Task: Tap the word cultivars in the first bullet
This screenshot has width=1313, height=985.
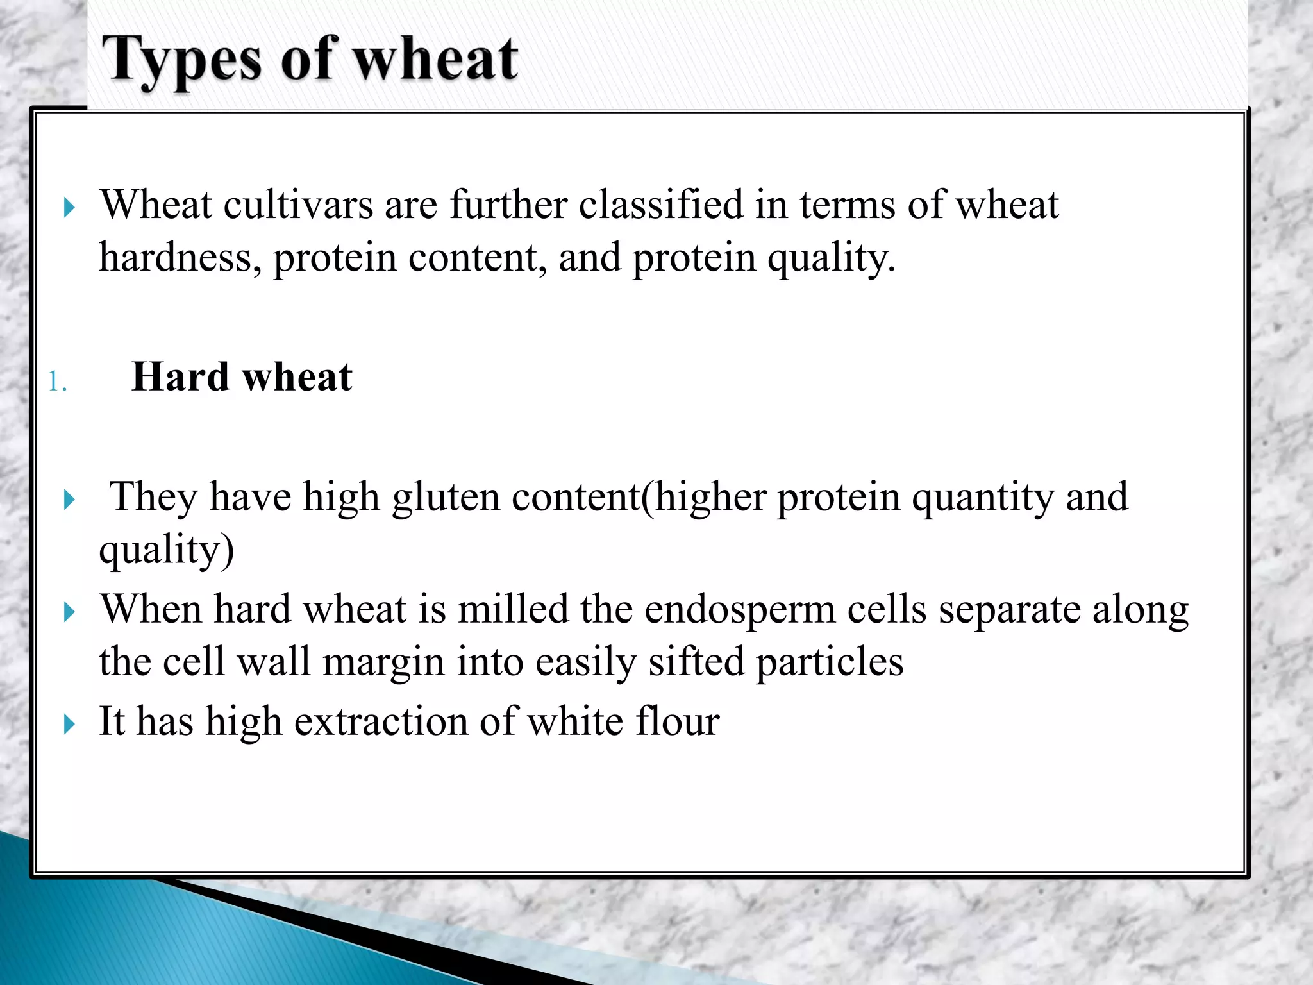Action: [x=298, y=205]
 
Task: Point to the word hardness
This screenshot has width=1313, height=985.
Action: [x=180, y=258]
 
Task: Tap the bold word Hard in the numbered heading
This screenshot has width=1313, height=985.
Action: [x=180, y=377]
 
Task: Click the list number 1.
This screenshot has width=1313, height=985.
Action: [x=56, y=382]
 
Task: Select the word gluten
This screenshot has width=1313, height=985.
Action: [x=446, y=497]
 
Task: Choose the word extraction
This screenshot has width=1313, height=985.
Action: [x=381, y=722]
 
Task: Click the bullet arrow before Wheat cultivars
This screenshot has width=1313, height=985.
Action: [x=70, y=208]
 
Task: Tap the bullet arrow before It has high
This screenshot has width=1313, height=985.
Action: [x=70, y=725]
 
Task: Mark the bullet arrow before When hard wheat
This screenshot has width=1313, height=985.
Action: [x=70, y=612]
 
